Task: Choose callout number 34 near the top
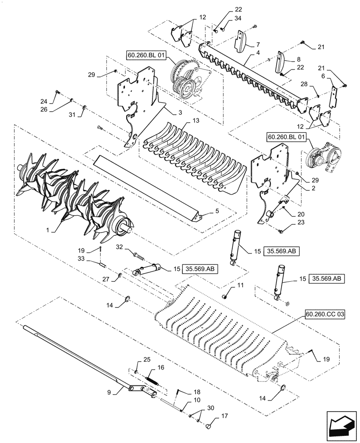click(239, 18)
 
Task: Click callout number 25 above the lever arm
click(136, 359)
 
